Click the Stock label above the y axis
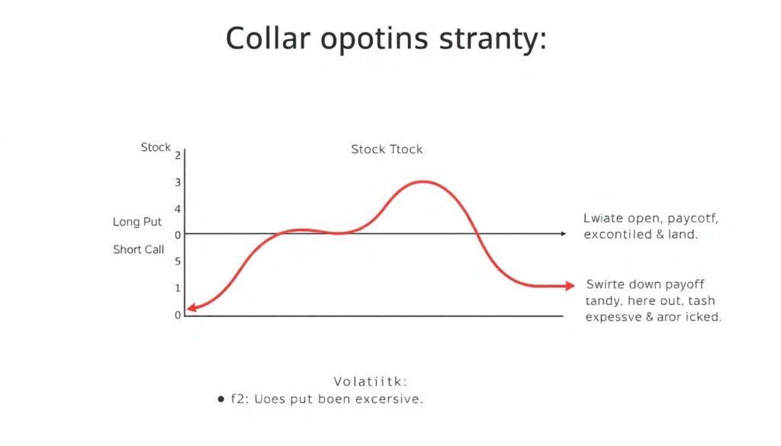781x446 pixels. point(156,146)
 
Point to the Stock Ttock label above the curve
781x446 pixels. point(387,149)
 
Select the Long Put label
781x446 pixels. point(137,222)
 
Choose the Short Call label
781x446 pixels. point(139,249)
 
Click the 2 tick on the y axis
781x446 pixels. point(178,155)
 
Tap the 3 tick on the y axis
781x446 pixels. point(178,182)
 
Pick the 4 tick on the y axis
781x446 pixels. point(178,209)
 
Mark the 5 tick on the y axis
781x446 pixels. point(178,262)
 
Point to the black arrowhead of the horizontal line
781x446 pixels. point(563,234)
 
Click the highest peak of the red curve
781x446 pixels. point(423,181)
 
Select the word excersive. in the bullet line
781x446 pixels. point(387,399)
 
